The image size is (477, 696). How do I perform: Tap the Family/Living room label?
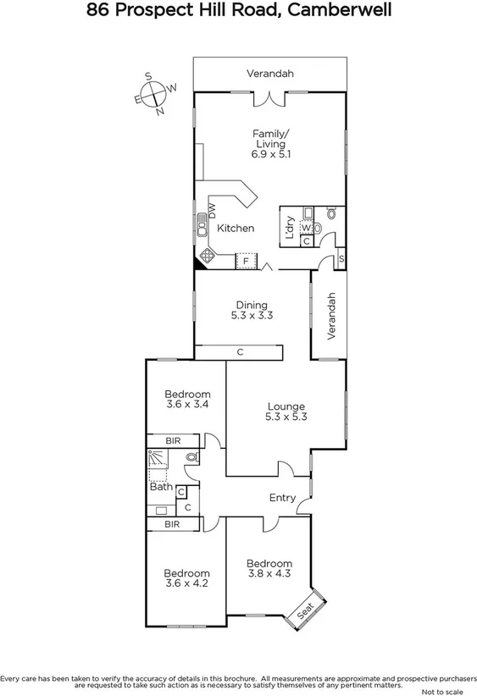click(x=270, y=143)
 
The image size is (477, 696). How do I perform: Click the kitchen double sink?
click(x=202, y=225)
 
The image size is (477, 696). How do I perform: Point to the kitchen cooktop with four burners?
click(x=207, y=255)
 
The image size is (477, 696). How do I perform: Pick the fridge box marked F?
click(x=246, y=261)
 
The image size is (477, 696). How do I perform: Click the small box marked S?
click(x=341, y=258)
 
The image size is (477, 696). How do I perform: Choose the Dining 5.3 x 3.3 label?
click(x=252, y=310)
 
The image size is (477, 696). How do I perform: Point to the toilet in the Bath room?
click(x=191, y=458)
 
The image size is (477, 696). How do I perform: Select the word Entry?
click(x=282, y=498)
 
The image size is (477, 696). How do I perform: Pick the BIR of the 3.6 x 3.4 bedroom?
click(x=172, y=440)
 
